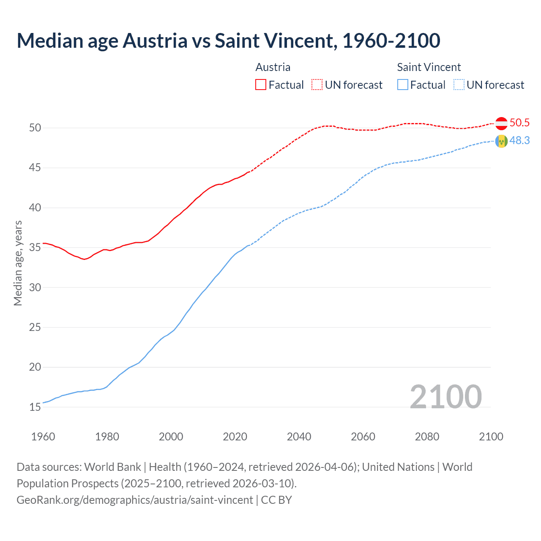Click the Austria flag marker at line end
pyautogui.click(x=501, y=123)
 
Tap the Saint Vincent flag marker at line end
pyautogui.click(x=501, y=141)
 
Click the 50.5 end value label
pyautogui.click(x=519, y=123)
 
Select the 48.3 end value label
pyautogui.click(x=519, y=140)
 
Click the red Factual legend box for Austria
pyautogui.click(x=261, y=85)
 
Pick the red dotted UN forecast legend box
pyautogui.click(x=317, y=85)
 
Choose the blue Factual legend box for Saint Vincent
pyautogui.click(x=403, y=85)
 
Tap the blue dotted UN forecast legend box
pyautogui.click(x=459, y=85)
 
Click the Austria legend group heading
pyautogui.click(x=273, y=67)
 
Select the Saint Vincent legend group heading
pyautogui.click(x=429, y=67)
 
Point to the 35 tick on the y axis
pyautogui.click(x=35, y=247)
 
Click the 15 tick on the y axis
pyautogui.click(x=35, y=407)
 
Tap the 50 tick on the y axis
pyautogui.click(x=35, y=128)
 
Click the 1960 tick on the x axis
pyautogui.click(x=43, y=437)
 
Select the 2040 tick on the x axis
pyautogui.click(x=299, y=437)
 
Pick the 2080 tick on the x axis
pyautogui.click(x=427, y=437)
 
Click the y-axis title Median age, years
pyautogui.click(x=18, y=263)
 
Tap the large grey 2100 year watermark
pyautogui.click(x=445, y=396)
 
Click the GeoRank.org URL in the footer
pyautogui.click(x=135, y=500)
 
